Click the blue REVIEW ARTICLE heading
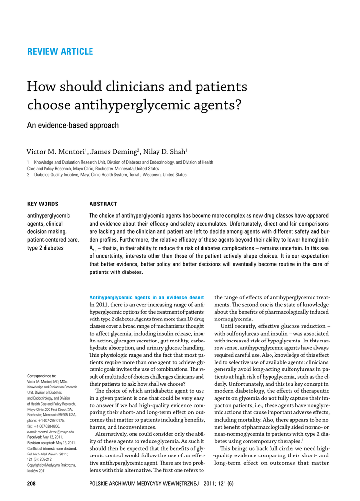coord(60,52)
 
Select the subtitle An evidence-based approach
coord(72,125)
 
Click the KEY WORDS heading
coord(43,204)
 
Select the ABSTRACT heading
coord(103,204)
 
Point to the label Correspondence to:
coord(42,376)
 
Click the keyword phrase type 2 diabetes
coord(45,248)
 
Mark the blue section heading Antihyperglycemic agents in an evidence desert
coord(147,297)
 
